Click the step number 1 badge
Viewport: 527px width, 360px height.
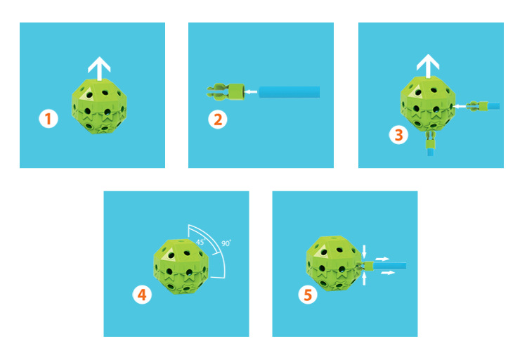48,119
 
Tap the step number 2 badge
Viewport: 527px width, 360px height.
218,120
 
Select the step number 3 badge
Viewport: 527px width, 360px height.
398,134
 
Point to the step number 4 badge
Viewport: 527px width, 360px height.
142,295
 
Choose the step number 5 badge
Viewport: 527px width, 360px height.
308,295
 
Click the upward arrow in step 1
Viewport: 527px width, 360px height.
99,69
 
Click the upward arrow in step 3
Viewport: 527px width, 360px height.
428,66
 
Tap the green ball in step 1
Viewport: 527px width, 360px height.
99,106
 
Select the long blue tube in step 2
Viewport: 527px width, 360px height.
289,92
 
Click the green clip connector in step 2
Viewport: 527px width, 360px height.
225,91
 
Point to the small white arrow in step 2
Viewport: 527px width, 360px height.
251,91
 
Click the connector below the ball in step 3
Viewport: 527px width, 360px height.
430,143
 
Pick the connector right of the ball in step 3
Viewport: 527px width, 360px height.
485,106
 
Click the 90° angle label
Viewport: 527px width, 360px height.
226,243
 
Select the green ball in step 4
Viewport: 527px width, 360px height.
181,266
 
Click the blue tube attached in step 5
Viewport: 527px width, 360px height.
390,266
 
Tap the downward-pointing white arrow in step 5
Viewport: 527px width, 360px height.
364,252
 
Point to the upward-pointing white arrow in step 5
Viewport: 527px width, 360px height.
364,278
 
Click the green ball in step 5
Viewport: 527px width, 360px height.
334,264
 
